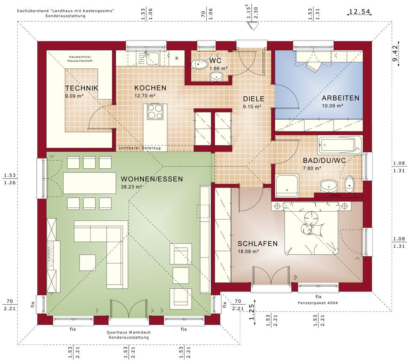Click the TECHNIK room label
coord(82,88)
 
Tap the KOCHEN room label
coord(150,88)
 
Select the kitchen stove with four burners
coord(155,111)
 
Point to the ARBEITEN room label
coord(340,98)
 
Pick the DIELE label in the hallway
coord(254,99)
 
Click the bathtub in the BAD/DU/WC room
coord(340,144)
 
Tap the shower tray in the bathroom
coord(287,186)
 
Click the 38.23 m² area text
coord(132,187)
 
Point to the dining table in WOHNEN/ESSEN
coord(89,183)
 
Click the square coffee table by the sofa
coord(88,262)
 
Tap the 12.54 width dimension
coord(360,11)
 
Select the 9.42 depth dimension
coord(395,54)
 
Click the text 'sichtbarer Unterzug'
coord(140,148)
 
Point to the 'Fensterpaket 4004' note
coord(318,303)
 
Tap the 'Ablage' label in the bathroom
coord(335,195)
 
